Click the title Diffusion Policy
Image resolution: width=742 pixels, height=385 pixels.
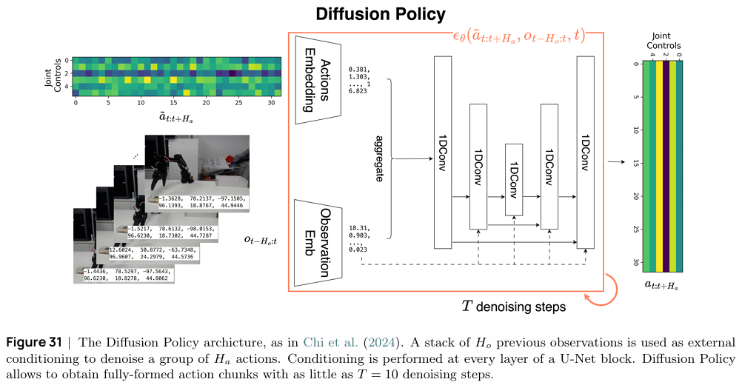coord(381,14)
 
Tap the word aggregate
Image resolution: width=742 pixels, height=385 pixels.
coord(379,158)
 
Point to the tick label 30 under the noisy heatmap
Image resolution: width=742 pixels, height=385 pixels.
coord(271,102)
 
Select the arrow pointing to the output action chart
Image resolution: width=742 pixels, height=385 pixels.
coord(615,160)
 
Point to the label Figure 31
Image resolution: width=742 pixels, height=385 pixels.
coord(35,341)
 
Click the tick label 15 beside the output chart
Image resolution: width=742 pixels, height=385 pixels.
coord(635,163)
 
